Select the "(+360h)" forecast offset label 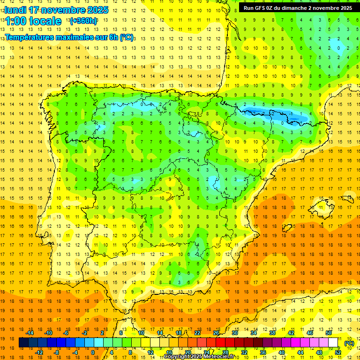coord(83,21)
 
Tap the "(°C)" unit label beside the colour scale coord(349,343)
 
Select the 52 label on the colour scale coord(338,352)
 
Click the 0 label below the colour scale coord(92,352)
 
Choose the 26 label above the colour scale coord(216,333)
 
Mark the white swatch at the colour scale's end coord(333,343)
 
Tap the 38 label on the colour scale coord(272,333)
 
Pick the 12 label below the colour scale coord(150,352)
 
